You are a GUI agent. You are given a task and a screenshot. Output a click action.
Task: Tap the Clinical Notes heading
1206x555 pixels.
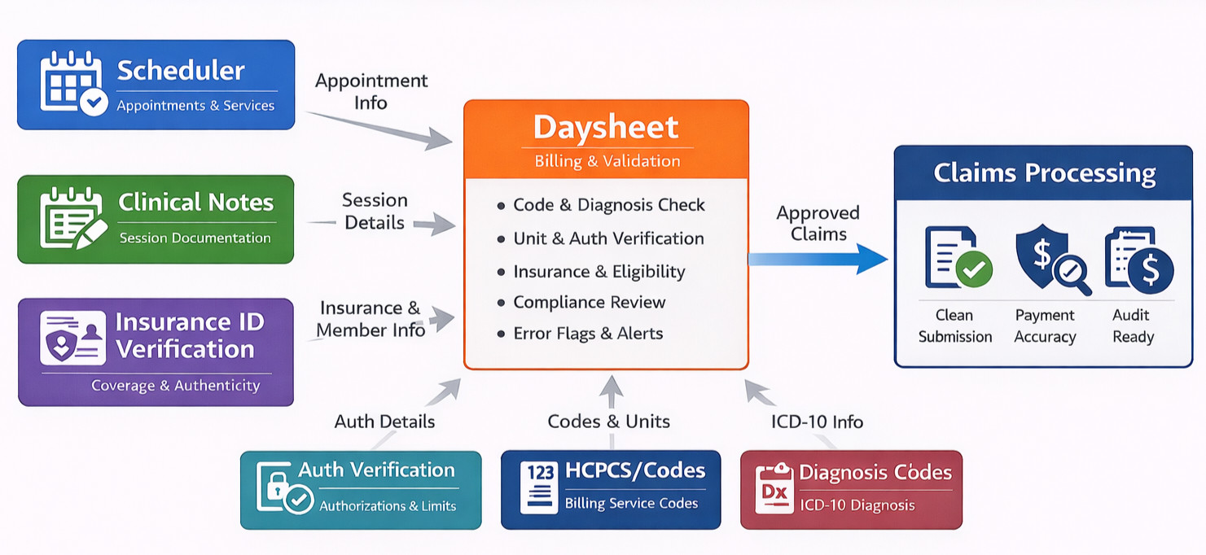point(196,202)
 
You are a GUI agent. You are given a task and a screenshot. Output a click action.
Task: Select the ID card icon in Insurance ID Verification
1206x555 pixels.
point(72,338)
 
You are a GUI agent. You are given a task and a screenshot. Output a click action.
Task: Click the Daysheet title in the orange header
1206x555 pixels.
point(606,128)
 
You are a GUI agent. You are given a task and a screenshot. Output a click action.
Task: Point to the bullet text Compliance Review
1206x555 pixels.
point(590,302)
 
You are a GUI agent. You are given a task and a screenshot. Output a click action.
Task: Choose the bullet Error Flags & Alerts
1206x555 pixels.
point(588,334)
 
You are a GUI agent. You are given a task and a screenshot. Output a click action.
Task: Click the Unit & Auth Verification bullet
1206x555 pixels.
point(608,238)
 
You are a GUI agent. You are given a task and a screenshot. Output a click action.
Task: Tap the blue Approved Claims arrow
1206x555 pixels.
point(818,260)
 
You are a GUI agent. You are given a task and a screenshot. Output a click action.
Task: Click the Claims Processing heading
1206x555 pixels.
point(1045,173)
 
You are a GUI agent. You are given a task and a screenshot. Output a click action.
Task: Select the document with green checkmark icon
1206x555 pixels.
point(958,258)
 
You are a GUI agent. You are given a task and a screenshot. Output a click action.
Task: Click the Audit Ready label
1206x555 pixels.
point(1133,326)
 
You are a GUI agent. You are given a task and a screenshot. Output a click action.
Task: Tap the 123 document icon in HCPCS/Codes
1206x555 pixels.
point(539,487)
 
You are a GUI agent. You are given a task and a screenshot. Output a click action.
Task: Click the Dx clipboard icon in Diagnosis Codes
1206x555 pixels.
point(774,488)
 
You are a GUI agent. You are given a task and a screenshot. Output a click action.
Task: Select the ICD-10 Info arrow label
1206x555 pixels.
point(817,422)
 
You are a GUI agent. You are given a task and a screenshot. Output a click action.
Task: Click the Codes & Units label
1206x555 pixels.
point(608,421)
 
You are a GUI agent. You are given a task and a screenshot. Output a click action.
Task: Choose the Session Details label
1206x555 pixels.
point(375,212)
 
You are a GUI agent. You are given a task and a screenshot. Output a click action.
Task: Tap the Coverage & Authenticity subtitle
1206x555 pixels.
point(176,386)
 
